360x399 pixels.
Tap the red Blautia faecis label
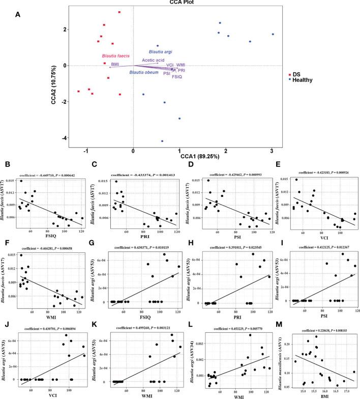click(x=116, y=55)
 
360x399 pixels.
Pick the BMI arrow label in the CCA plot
click(x=114, y=64)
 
